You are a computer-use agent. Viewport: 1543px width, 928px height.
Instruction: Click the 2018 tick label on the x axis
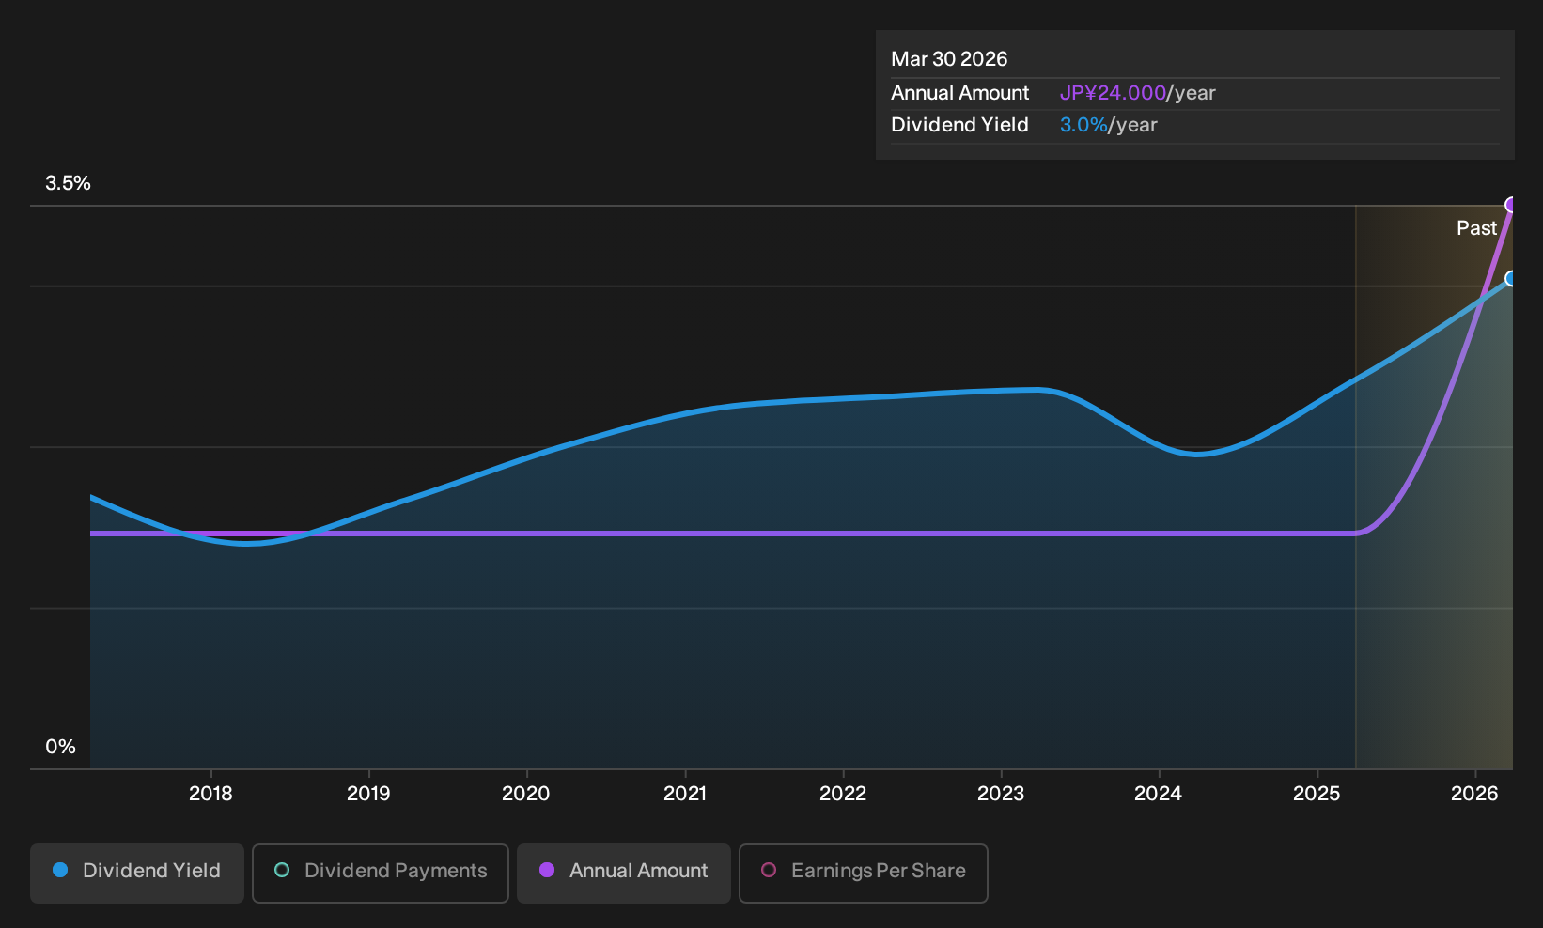click(210, 794)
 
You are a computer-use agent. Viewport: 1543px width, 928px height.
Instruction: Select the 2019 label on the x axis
click(368, 794)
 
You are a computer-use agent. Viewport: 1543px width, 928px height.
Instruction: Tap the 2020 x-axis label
click(526, 794)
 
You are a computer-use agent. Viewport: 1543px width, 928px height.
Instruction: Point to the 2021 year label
click(685, 794)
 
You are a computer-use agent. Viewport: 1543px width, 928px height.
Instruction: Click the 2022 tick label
click(843, 794)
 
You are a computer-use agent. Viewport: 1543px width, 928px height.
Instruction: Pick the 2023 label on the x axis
click(1001, 794)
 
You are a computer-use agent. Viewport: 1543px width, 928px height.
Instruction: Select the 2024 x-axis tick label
click(1159, 794)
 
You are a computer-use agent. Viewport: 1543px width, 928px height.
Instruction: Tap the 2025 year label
click(1317, 794)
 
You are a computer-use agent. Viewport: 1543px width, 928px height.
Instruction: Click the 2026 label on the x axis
click(1474, 794)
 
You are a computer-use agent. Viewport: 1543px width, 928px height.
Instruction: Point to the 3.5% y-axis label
click(68, 183)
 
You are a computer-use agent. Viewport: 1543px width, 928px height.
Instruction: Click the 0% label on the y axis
click(61, 747)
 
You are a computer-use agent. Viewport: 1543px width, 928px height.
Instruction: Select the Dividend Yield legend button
click(137, 873)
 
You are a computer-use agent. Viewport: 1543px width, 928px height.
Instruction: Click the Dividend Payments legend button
click(381, 873)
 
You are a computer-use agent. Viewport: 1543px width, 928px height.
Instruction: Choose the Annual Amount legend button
click(623, 873)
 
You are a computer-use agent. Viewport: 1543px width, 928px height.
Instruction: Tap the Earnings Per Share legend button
click(863, 873)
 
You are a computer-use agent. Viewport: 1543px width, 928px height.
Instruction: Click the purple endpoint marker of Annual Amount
click(1510, 205)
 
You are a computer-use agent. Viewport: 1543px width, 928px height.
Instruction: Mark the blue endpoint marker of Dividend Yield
click(1510, 279)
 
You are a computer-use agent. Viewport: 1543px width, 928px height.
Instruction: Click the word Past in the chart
click(1477, 228)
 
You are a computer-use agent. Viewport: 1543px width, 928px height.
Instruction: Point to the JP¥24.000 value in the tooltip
click(1113, 93)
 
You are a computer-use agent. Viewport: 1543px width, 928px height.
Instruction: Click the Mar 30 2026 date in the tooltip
click(949, 59)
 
